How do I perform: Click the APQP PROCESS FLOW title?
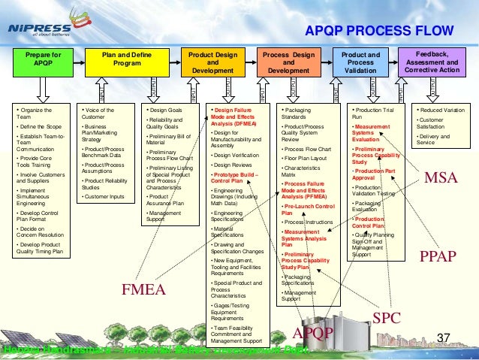pos(379,30)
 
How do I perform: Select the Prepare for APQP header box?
pos(44,59)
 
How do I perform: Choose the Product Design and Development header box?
pos(212,62)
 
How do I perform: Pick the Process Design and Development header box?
pos(288,62)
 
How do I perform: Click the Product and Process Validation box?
pos(361,62)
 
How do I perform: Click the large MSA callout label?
pos(441,179)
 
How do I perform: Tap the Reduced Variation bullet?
pos(443,110)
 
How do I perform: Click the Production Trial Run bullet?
pos(369,113)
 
